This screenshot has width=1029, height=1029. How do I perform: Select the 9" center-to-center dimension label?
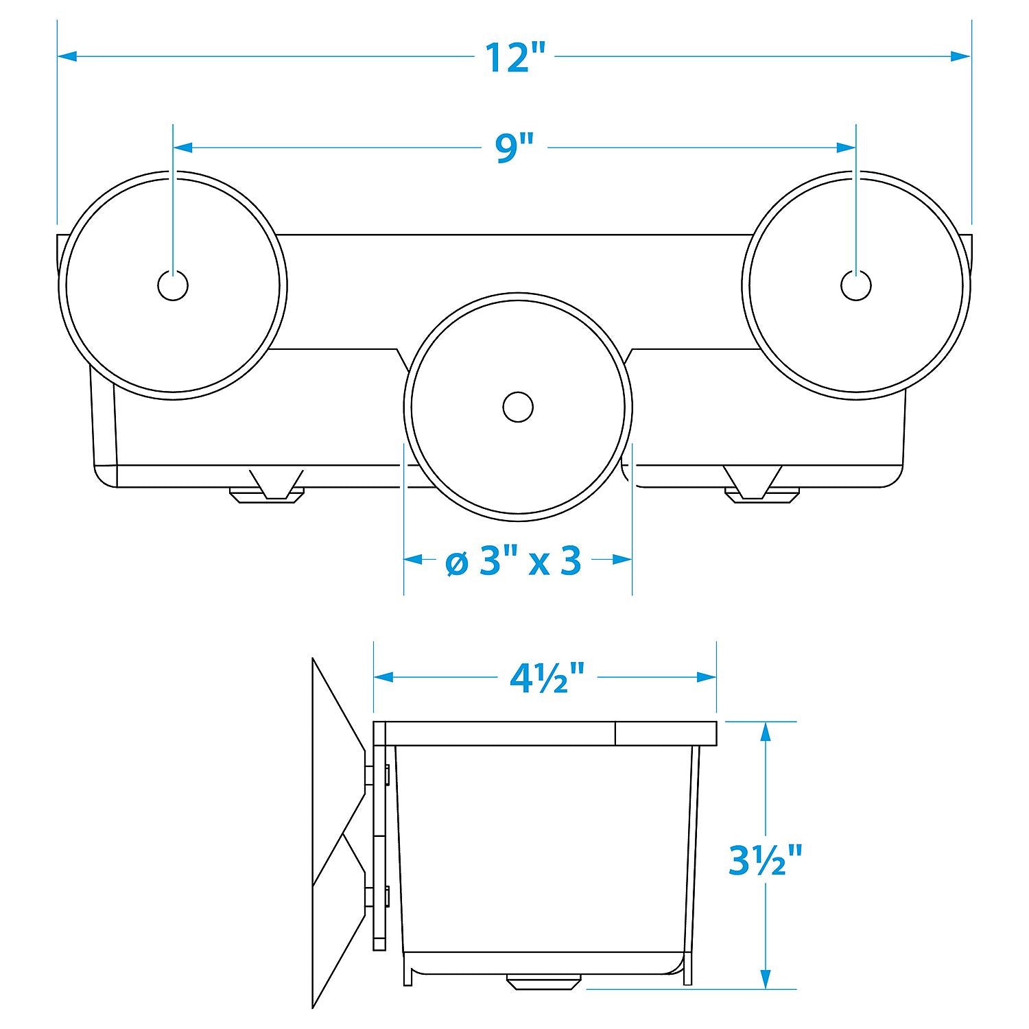coord(515,147)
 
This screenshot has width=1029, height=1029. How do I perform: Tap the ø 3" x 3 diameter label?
coord(513,562)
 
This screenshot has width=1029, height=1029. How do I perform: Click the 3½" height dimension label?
coord(766,859)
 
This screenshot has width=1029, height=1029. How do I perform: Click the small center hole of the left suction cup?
coord(173,285)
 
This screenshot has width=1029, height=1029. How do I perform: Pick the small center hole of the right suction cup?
coord(856,285)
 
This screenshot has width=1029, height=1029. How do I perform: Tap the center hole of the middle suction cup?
coord(518,407)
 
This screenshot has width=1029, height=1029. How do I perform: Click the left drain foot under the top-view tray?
coord(268,488)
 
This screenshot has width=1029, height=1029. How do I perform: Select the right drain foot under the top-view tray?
coord(762,488)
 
